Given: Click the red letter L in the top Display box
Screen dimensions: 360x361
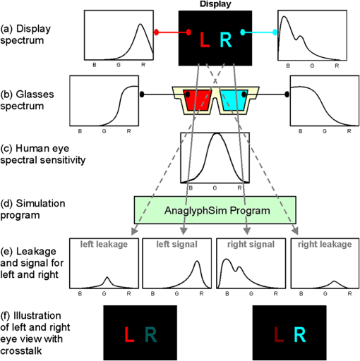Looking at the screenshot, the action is click(205, 40).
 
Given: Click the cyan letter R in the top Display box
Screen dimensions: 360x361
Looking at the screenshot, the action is click(226, 39).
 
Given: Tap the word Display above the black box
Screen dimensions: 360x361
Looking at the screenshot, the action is click(215, 4).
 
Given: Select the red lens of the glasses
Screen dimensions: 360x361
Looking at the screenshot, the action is click(197, 100).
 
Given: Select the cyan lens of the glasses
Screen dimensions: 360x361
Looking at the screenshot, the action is click(234, 100).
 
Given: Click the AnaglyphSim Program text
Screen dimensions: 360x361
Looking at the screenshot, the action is click(217, 211).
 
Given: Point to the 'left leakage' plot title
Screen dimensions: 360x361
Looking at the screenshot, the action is click(104, 245).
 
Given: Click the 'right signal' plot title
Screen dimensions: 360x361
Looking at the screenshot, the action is click(251, 245).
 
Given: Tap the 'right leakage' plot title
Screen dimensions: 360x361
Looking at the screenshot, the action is click(325, 245).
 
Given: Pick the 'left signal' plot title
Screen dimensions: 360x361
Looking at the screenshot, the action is click(177, 245).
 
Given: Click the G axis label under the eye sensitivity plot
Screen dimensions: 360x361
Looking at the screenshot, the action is click(215, 188).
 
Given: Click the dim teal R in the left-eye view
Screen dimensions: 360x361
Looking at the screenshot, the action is click(150, 334).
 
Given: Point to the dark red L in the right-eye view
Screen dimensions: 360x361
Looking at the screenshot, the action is click(279, 334).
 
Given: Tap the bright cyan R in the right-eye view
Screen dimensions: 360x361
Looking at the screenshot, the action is click(300, 334).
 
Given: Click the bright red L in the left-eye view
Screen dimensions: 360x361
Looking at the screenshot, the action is click(129, 334).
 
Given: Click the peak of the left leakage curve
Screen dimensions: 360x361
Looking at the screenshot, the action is click(107, 277).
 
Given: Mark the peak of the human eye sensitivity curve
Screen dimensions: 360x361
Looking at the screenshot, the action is click(217, 134).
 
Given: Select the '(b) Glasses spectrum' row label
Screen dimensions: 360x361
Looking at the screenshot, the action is click(27, 100).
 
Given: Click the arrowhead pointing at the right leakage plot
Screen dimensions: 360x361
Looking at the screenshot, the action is click(295, 231).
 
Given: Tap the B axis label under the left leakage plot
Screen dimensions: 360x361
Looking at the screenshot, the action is click(80, 293).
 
